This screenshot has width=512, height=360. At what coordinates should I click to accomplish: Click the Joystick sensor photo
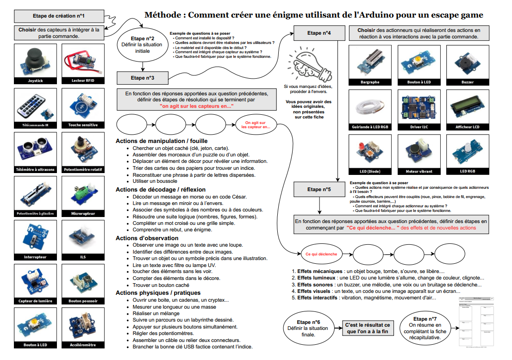pyautogui.click(x=35, y=61)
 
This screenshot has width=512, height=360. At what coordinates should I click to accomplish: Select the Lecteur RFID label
pyautogui.click(x=81, y=81)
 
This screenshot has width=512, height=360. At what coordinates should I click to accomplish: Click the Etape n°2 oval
pyautogui.click(x=142, y=45)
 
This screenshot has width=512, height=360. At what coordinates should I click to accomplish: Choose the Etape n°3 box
pyautogui.click(x=142, y=78)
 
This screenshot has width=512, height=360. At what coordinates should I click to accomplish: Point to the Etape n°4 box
pyautogui.click(x=319, y=33)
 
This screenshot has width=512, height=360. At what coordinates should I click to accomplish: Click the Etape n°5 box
pyautogui.click(x=319, y=189)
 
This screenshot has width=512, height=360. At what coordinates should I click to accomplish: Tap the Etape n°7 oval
pyautogui.click(x=425, y=328)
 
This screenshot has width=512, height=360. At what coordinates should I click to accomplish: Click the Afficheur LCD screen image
pyautogui.click(x=467, y=107)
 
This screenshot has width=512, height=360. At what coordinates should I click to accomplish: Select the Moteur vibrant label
pyautogui.click(x=418, y=171)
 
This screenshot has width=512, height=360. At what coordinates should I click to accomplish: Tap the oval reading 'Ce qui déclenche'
pyautogui.click(x=321, y=254)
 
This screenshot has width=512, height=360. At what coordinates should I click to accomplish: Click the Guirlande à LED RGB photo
pyautogui.click(x=369, y=107)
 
